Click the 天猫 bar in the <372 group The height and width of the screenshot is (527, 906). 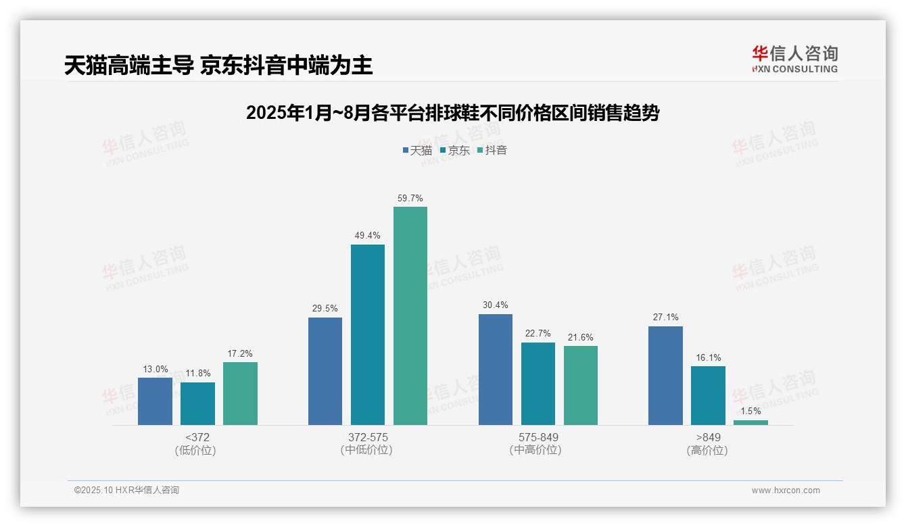pyautogui.click(x=155, y=401)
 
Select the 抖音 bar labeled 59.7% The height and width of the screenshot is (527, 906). pyautogui.click(x=410, y=316)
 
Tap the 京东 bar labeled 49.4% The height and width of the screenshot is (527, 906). pyautogui.click(x=368, y=334)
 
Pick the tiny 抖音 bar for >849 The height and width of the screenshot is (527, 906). pyautogui.click(x=750, y=422)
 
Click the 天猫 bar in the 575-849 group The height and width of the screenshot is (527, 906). pyautogui.click(x=496, y=370)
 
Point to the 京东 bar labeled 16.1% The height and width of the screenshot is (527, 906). pyautogui.click(x=708, y=395)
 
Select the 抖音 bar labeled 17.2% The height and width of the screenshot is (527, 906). pyautogui.click(x=240, y=393)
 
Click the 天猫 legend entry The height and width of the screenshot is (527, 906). pyautogui.click(x=417, y=150)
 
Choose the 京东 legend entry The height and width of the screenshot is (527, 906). pyautogui.click(x=454, y=150)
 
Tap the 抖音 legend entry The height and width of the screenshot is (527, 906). pyautogui.click(x=492, y=150)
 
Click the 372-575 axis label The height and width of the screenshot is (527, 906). pyautogui.click(x=368, y=437)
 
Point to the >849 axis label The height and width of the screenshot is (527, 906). pyautogui.click(x=708, y=437)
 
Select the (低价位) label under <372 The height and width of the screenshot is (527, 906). pyautogui.click(x=197, y=450)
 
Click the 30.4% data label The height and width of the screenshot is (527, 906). pyautogui.click(x=496, y=305)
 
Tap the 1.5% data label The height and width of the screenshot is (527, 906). pyautogui.click(x=750, y=411)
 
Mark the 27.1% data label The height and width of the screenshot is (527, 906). pyautogui.click(x=665, y=317)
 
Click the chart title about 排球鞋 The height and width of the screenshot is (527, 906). pyautogui.click(x=452, y=113)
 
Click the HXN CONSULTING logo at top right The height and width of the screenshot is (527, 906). pyautogui.click(x=794, y=59)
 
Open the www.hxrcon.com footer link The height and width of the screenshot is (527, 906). pyautogui.click(x=786, y=491)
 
